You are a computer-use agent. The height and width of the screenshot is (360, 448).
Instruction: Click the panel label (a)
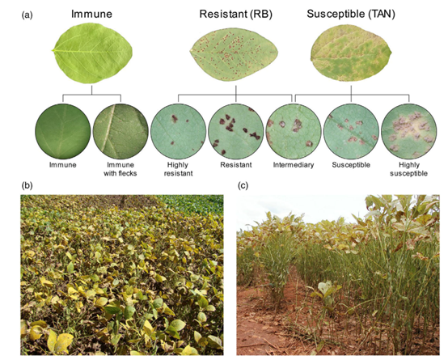[x=27, y=15]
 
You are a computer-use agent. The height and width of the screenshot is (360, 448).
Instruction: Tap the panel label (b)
[x=27, y=185]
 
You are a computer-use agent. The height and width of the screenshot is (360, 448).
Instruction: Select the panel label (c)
[x=243, y=185]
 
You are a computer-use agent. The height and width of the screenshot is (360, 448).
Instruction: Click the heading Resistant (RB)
[x=235, y=14]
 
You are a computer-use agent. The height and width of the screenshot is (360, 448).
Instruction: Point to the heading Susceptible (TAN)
[x=351, y=14]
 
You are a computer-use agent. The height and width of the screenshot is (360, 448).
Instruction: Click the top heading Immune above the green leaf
[x=91, y=14]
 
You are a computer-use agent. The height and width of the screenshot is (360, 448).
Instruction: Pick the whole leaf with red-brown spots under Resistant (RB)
[x=234, y=54]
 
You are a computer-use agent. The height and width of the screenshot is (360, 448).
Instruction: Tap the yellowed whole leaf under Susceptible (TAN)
[x=351, y=53]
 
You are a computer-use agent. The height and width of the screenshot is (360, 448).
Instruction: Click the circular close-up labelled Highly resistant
[x=178, y=132]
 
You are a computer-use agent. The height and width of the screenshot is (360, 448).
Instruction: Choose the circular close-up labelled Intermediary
[x=294, y=132]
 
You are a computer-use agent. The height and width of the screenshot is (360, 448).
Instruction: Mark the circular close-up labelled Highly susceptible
[x=409, y=132]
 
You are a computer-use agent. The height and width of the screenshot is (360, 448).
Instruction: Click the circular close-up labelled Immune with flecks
[x=120, y=132]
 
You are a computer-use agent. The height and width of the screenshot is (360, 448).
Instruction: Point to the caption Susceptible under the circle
[x=351, y=165]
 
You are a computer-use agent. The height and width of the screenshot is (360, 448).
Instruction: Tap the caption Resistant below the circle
[x=235, y=165]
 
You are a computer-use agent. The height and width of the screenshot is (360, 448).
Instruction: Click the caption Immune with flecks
[x=120, y=169]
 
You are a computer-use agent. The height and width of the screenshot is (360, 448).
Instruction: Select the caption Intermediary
[x=294, y=165]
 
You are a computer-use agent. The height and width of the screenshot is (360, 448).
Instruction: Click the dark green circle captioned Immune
[x=63, y=132]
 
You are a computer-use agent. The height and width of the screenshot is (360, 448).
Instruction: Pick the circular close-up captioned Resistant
[x=235, y=132]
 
